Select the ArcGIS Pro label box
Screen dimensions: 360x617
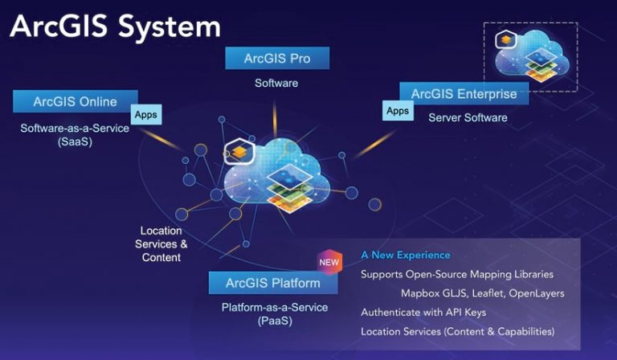pos(277,59)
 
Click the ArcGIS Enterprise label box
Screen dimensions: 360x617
pos(464,94)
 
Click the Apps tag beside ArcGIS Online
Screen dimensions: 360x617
pos(146,115)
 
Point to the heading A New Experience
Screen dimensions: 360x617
pos(406,255)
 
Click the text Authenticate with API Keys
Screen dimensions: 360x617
pos(423,312)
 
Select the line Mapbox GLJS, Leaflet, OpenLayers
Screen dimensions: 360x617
pos(482,293)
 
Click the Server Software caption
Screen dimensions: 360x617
pos(468,117)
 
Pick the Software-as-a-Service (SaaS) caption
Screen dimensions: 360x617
pos(75,134)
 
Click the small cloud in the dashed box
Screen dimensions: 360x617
pos(531,57)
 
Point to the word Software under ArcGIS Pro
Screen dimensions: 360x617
pos(276,83)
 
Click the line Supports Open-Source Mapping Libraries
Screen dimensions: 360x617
pos(457,274)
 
